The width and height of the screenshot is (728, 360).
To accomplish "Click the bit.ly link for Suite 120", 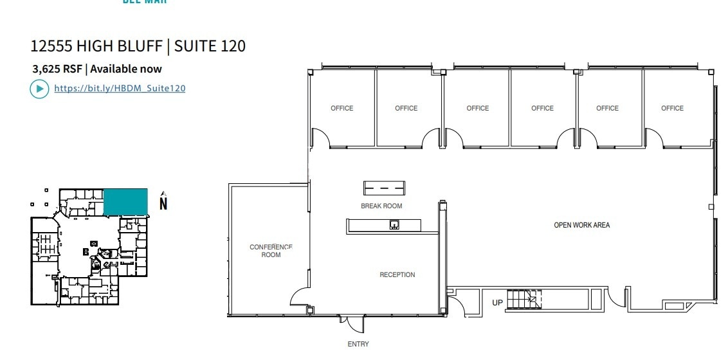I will tap(120, 89).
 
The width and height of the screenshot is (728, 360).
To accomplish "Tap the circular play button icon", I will tap(39, 89).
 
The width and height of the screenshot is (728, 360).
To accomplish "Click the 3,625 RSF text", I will tap(57, 69).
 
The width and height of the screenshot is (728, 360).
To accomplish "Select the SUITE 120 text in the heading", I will tap(210, 46).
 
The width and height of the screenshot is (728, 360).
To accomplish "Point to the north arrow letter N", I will tap(163, 204).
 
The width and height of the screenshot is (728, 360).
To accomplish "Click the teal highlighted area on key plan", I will tap(126, 201).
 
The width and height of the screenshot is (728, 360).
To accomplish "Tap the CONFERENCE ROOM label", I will tap(271, 251).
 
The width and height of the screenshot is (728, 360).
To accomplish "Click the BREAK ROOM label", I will tap(381, 206).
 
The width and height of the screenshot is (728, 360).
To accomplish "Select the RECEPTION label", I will tap(397, 275).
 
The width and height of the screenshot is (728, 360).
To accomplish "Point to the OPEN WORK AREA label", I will tap(582, 226).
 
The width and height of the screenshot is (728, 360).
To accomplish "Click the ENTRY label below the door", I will tap(358, 345).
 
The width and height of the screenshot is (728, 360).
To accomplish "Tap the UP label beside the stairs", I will tap(497, 302).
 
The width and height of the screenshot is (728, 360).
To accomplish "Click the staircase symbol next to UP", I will tap(523, 300).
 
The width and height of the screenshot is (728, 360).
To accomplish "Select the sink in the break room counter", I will tap(394, 224).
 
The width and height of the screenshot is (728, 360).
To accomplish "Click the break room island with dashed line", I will tap(385, 188).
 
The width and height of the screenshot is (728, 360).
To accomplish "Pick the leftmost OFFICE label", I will tap(342, 109).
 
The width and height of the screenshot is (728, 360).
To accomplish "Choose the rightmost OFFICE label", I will tap(672, 109).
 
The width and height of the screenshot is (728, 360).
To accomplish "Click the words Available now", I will tap(126, 69).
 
